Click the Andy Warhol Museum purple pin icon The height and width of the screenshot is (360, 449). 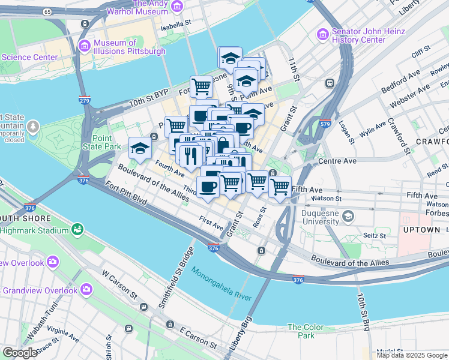click(x=176, y=6)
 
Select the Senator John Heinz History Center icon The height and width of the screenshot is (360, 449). click(x=325, y=35)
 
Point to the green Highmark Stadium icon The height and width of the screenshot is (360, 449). click(x=77, y=229)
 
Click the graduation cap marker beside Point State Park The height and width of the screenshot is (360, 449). click(x=140, y=148)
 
